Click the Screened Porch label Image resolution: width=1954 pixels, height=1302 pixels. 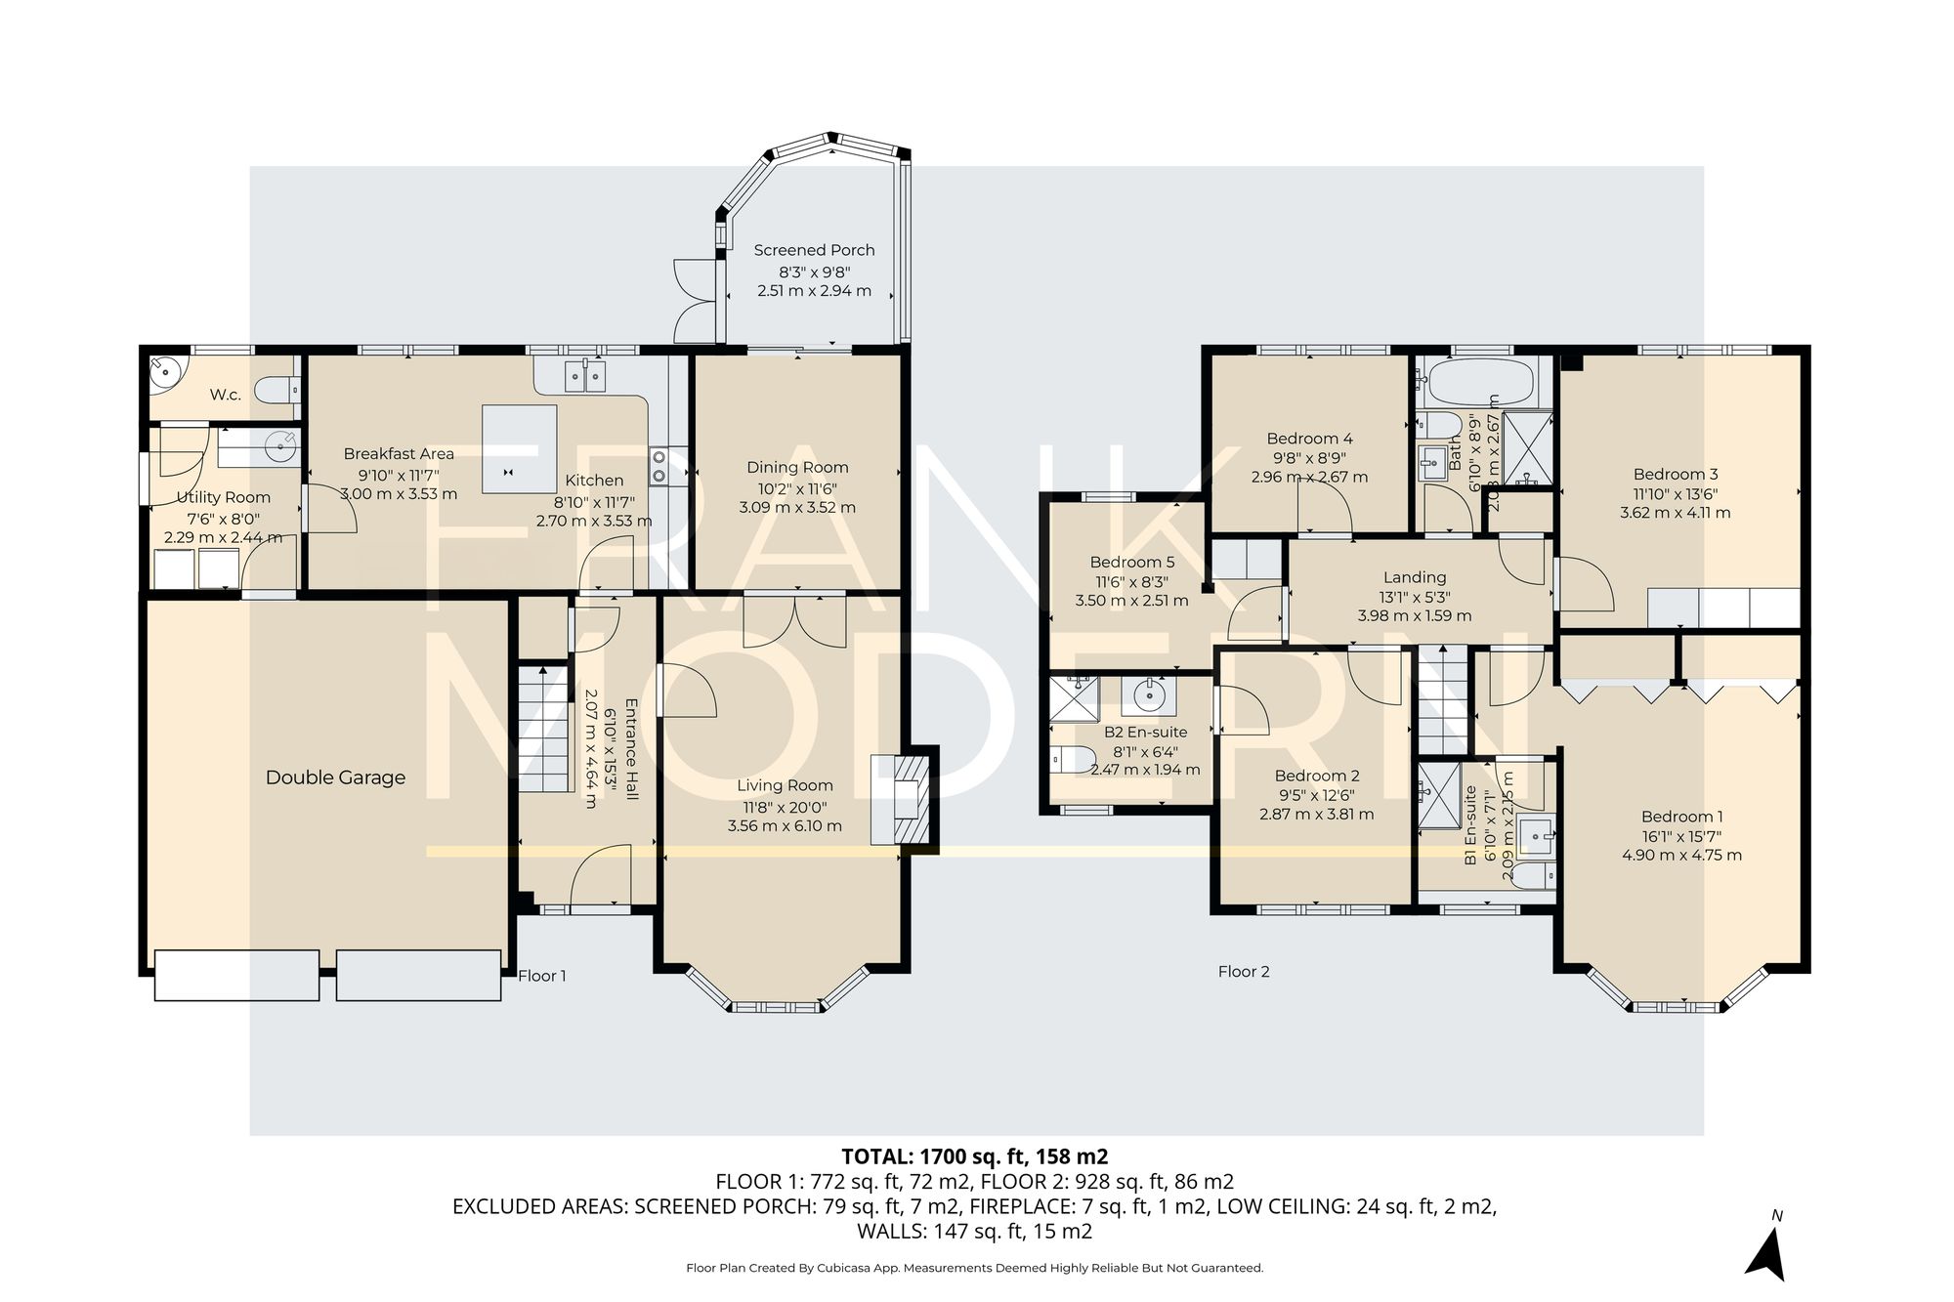pos(814,250)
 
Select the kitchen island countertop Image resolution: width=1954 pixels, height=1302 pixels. pos(520,450)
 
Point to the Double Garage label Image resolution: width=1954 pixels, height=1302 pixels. pos(335,777)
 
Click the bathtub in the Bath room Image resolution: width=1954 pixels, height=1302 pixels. pos(1478,382)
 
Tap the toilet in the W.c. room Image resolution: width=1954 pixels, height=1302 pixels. pos(276,392)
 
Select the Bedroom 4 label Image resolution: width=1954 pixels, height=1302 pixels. pos(1309,439)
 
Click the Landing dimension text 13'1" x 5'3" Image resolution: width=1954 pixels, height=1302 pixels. pos(1414,597)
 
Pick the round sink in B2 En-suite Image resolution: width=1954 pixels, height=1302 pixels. pos(1150,695)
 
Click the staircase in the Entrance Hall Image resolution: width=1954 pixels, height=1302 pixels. pos(542,728)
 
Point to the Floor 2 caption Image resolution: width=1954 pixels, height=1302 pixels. pos(1244,971)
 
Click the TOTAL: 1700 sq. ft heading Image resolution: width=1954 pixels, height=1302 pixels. pos(974,1156)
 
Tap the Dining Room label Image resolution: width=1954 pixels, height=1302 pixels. pos(797,467)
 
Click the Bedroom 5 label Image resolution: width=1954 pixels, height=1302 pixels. pos(1131,562)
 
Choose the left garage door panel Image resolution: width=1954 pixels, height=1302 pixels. pos(237,975)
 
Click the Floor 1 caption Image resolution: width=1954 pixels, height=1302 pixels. pos(541,976)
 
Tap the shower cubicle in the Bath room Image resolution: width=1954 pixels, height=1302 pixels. pos(1526,448)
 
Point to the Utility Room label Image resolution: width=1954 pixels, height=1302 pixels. pos(223,497)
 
